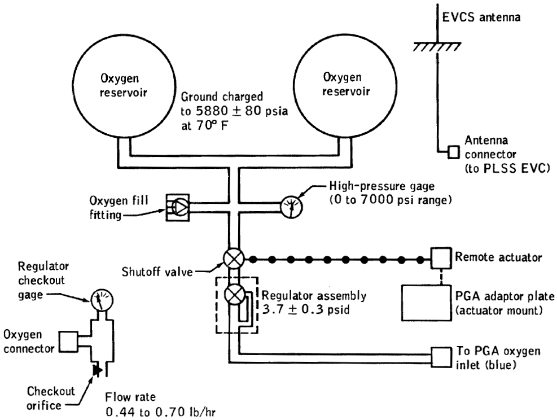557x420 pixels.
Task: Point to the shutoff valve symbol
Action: click(233, 259)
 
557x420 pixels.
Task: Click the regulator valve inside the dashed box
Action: click(233, 295)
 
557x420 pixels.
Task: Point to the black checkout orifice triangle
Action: click(97, 370)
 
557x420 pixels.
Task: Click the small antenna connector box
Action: click(453, 151)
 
